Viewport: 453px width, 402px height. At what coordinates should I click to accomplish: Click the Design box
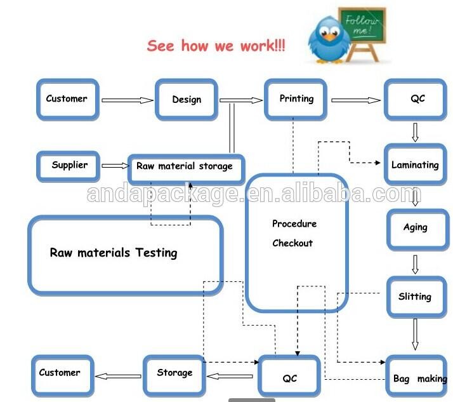coord(187,100)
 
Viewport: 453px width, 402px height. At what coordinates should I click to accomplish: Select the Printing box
coord(296,99)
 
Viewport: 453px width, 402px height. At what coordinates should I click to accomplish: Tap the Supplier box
coord(69,165)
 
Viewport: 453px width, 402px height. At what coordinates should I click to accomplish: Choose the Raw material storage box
coord(185,166)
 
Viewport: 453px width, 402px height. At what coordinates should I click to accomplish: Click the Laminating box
coord(415,165)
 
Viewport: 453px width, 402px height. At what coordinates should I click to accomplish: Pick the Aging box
coord(416,227)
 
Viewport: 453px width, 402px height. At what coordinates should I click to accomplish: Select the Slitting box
coord(415,297)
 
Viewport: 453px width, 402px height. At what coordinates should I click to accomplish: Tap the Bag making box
coord(419,379)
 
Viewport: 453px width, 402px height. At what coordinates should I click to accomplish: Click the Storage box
coord(174,373)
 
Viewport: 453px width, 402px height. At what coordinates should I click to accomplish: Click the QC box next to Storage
coord(290,379)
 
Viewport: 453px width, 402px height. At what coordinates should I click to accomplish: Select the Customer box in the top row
coord(67,99)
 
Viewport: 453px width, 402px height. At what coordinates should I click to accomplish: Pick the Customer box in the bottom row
coord(60,373)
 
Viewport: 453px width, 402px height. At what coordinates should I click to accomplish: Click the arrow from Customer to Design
coord(127,100)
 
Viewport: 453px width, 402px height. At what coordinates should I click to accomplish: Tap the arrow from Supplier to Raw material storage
coord(115,166)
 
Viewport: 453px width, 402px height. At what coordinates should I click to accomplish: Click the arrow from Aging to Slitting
coord(416,264)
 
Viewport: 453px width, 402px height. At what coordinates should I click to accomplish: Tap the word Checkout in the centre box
coord(292,243)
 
